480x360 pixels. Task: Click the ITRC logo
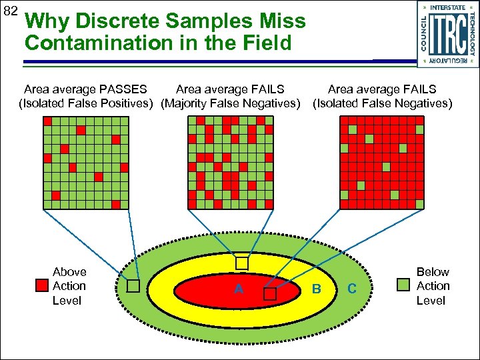tap(448, 33)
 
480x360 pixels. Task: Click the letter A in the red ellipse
tap(238, 289)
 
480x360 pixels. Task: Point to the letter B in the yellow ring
tap(317, 289)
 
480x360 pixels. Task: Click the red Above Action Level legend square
tap(42, 286)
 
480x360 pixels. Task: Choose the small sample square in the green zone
tap(133, 286)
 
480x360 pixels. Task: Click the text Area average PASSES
tap(85, 89)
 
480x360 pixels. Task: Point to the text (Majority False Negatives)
tap(231, 103)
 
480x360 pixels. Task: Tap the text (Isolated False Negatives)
tap(383, 103)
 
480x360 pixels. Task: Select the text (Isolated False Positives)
tap(86, 103)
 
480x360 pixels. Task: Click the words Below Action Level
tap(433, 286)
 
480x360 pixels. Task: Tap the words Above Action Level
tap(69, 286)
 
